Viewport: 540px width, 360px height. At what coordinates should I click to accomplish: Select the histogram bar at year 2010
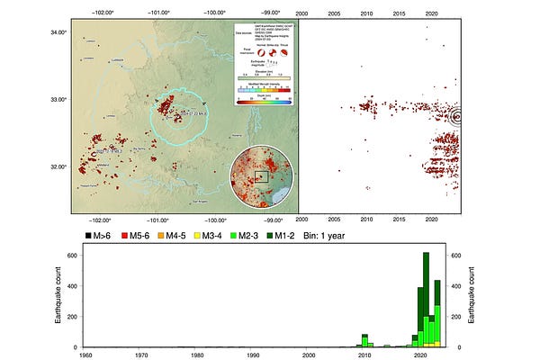(364, 341)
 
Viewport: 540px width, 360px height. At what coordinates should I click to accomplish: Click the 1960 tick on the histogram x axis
(85, 355)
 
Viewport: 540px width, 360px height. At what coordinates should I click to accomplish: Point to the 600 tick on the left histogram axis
(72, 256)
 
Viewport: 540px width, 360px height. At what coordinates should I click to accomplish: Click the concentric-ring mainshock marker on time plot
(457, 116)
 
